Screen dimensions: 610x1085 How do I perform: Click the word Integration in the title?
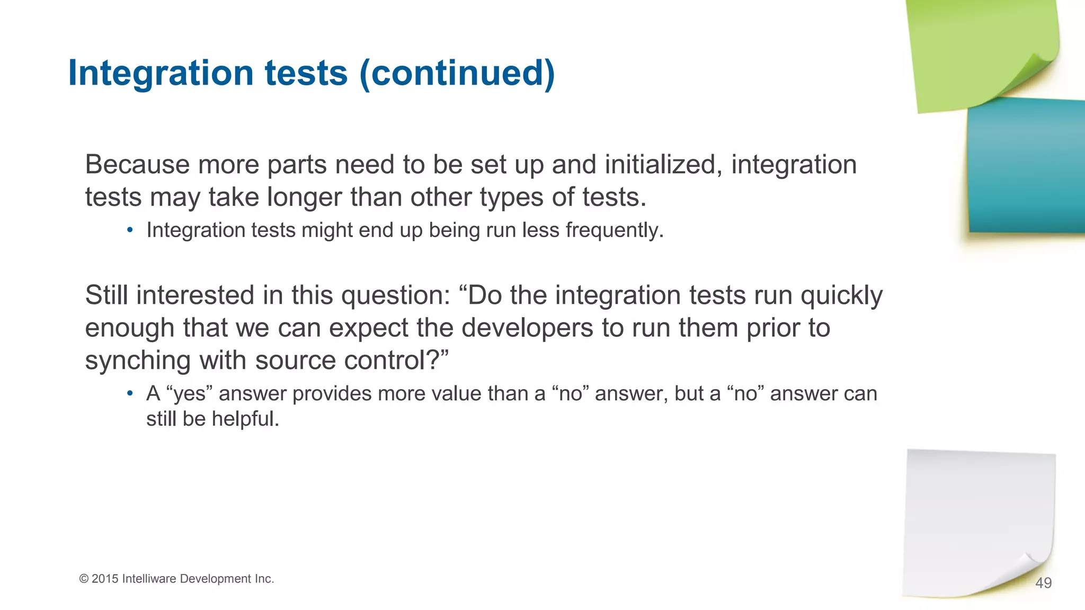point(161,73)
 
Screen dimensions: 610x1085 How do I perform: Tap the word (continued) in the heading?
point(457,73)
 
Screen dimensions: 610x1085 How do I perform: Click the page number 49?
point(1043,583)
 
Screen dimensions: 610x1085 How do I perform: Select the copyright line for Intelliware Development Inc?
point(176,579)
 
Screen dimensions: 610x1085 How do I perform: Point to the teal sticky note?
point(1025,167)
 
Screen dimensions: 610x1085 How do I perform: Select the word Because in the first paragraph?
point(137,165)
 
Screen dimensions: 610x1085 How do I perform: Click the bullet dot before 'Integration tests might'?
point(130,231)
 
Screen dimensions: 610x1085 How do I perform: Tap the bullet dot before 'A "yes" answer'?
point(130,394)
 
